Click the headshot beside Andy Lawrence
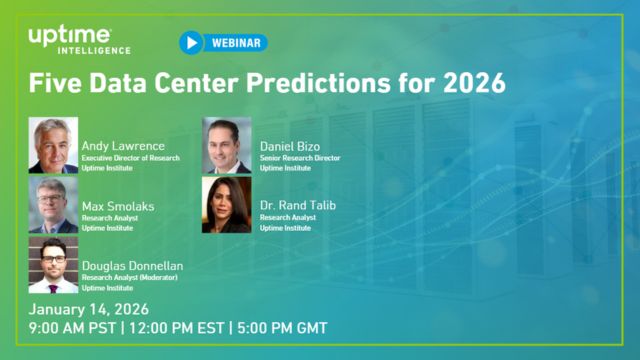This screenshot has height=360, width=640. [x=54, y=146]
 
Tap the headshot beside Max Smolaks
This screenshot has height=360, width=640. [x=54, y=205]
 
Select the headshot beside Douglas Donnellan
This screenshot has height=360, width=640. [x=54, y=264]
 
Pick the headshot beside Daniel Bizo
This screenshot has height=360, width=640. [x=226, y=146]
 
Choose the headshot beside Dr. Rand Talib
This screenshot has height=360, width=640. [x=226, y=205]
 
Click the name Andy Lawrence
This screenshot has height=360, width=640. [x=123, y=145]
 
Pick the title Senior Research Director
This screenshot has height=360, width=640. [x=300, y=158]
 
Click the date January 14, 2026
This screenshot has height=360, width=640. [x=92, y=308]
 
